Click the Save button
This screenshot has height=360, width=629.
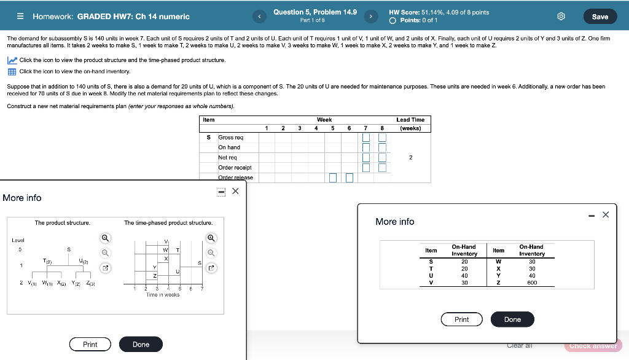tap(600, 17)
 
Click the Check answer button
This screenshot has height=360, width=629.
tap(593, 346)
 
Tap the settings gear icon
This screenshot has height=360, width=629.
tap(560, 17)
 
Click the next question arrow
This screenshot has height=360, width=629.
tap(372, 17)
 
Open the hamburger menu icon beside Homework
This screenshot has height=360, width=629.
tap(20, 17)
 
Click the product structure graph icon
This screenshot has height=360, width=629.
tap(12, 60)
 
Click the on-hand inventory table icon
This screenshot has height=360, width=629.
tap(12, 71)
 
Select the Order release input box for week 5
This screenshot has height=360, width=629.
tap(332, 178)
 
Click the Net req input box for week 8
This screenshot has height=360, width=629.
tap(382, 157)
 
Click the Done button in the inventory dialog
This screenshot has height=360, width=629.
tap(512, 319)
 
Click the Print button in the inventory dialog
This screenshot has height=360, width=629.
tap(461, 319)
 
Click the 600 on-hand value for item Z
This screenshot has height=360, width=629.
tap(531, 283)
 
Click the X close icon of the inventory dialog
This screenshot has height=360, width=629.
tap(606, 214)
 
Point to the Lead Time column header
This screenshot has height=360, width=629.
tap(410, 123)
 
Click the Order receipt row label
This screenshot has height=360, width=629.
tap(235, 168)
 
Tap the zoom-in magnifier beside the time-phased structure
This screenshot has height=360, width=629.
tap(211, 238)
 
